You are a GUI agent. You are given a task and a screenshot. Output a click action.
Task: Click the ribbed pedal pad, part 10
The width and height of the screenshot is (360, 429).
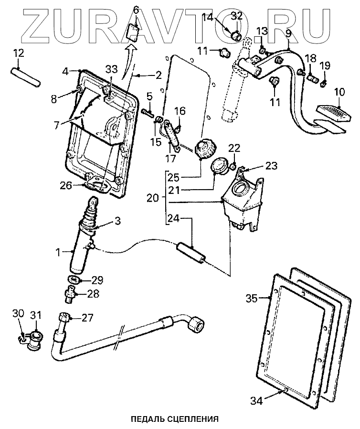click(x=333, y=114)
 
